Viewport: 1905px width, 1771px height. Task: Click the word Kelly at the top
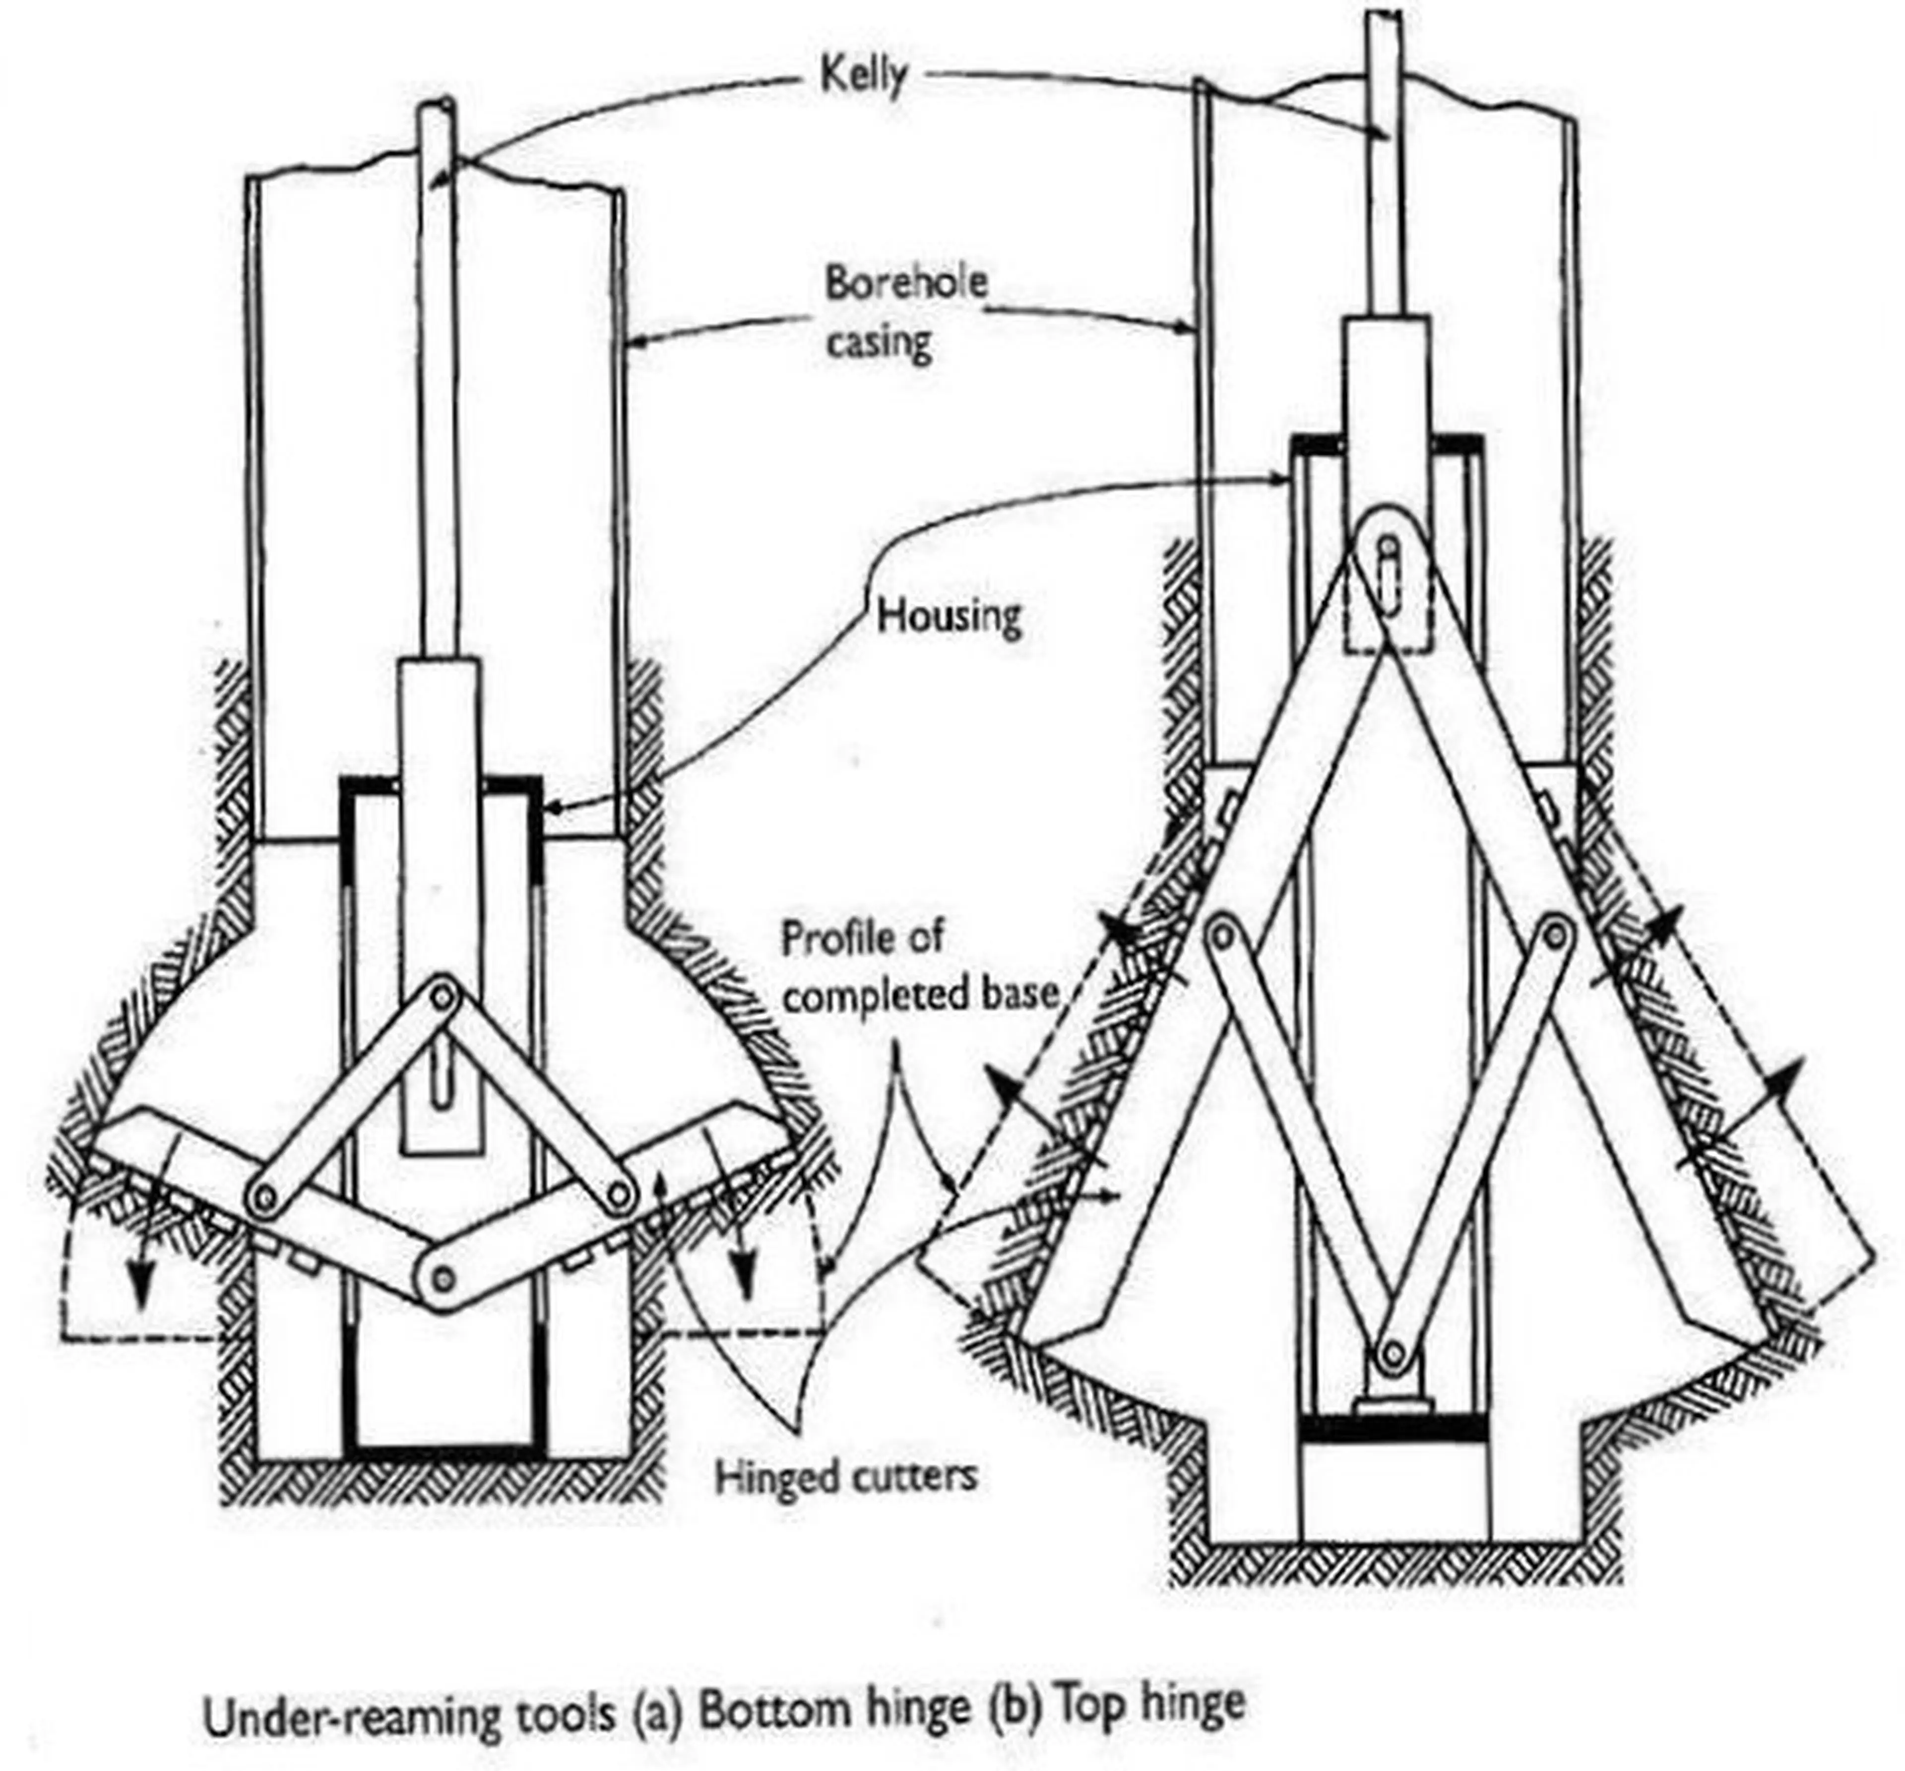[862, 77]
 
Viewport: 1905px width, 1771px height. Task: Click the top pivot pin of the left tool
[443, 997]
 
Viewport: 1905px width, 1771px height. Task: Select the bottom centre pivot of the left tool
[443, 1277]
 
